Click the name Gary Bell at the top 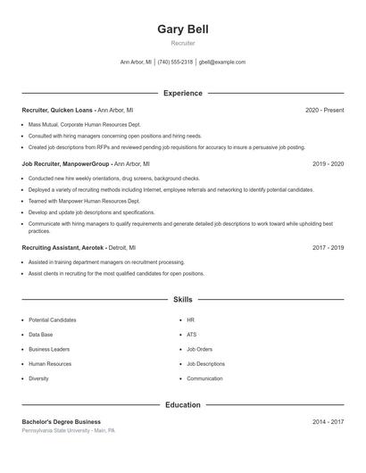[x=182, y=29]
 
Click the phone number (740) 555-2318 [x=176, y=62]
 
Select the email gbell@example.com [x=222, y=62]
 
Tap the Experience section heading [x=182, y=93]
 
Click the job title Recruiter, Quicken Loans [x=57, y=110]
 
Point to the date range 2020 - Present [x=324, y=110]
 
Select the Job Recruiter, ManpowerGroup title [x=66, y=164]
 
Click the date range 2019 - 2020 [x=328, y=164]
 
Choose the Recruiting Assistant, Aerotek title [x=63, y=247]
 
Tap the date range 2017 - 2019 [x=328, y=247]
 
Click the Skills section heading [x=182, y=300]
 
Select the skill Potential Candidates [x=52, y=319]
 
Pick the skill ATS [x=191, y=335]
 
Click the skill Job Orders [x=199, y=349]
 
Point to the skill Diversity [x=38, y=378]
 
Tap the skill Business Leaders [x=48, y=349]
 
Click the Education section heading [x=182, y=404]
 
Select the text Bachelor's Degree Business [x=61, y=421]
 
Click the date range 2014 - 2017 [x=328, y=421]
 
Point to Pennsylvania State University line [x=69, y=430]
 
